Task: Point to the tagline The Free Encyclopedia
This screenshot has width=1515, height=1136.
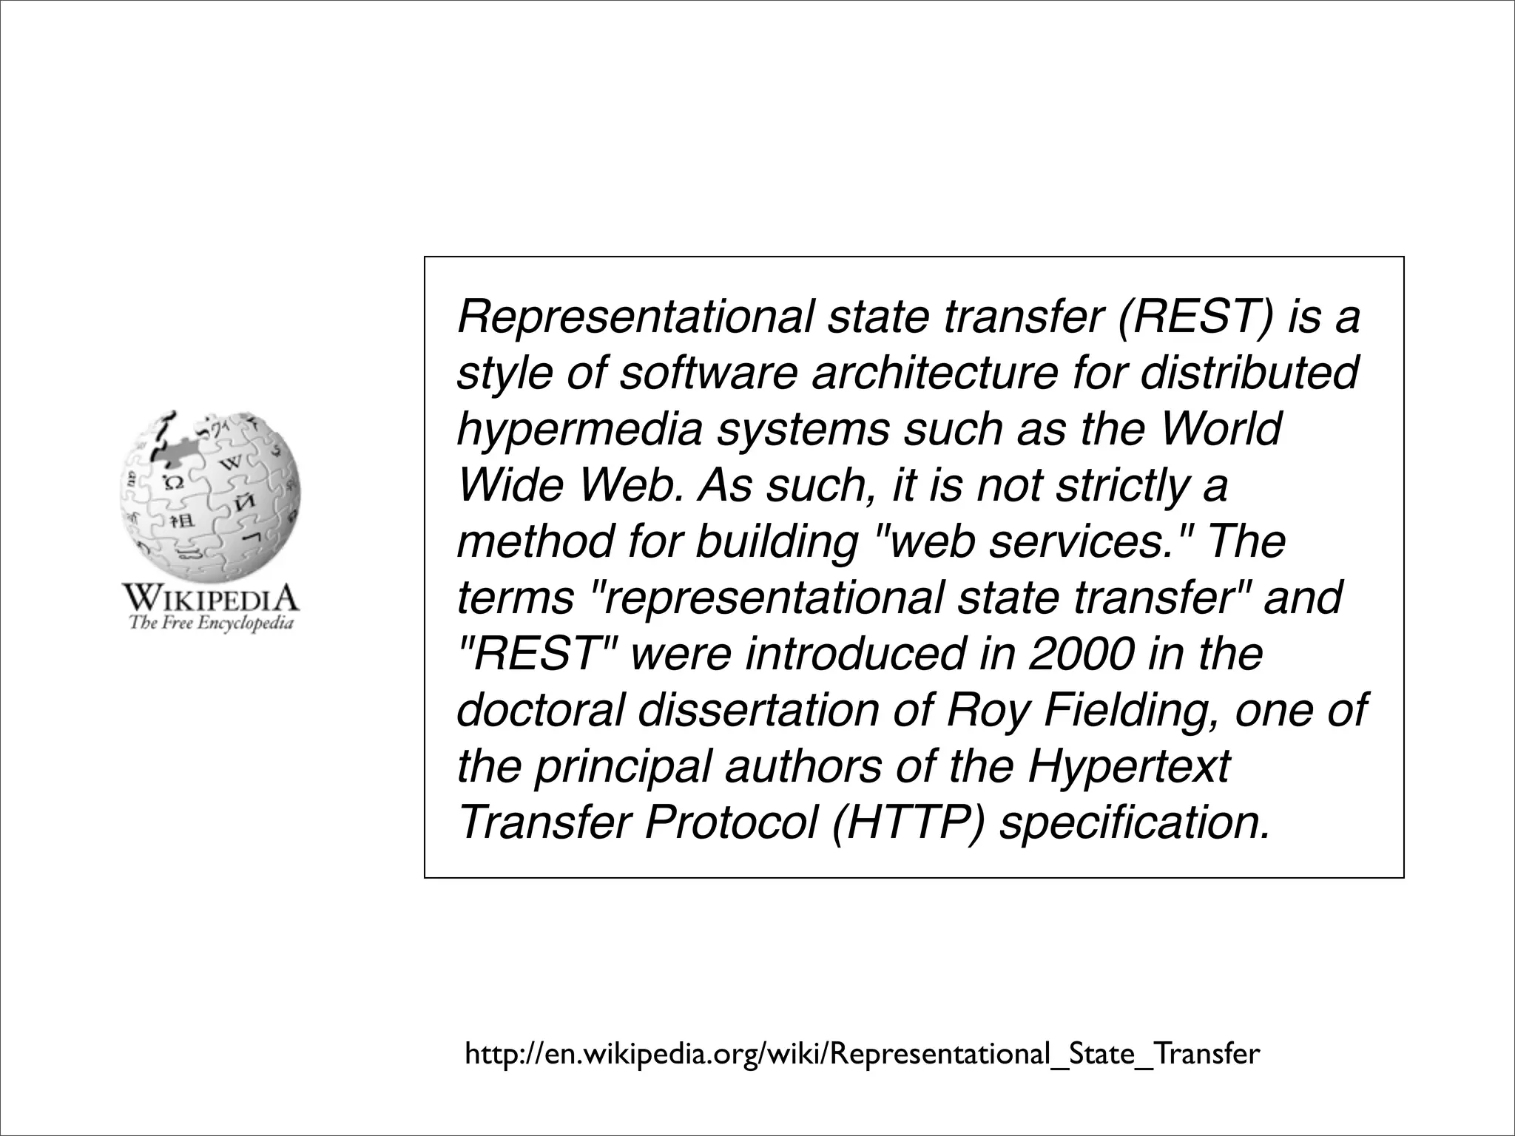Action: pos(212,623)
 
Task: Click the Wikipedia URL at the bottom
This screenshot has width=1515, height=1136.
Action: pos(862,1054)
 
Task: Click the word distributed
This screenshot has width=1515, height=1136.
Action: pos(1249,373)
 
